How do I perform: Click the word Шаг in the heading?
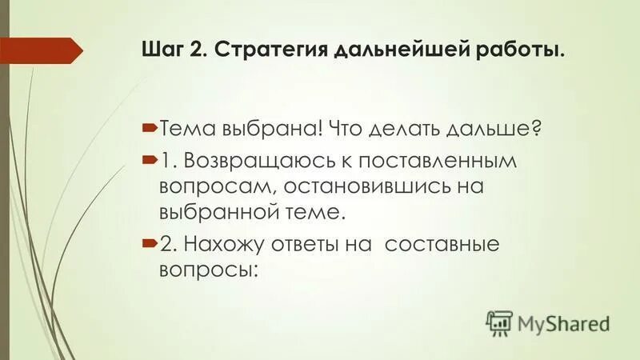tap(162, 52)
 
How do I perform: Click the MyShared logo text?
tap(563, 323)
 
